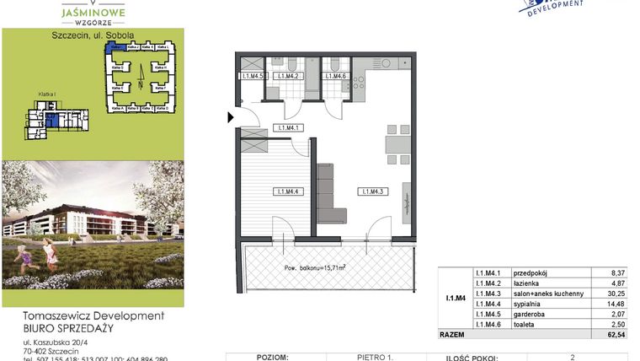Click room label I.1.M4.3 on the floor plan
coord(372,192)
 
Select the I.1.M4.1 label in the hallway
coord(289,128)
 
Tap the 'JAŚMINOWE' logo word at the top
coord(94,13)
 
